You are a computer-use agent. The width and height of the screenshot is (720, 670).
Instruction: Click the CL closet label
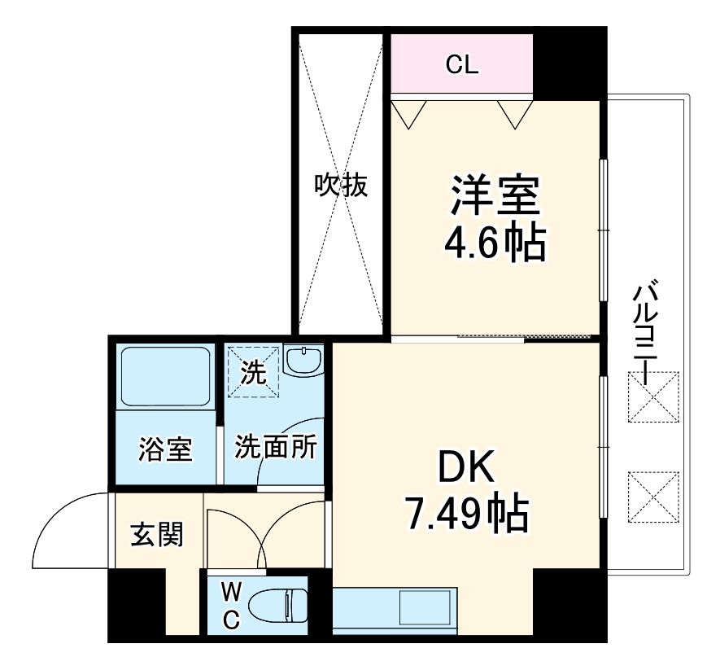(461, 65)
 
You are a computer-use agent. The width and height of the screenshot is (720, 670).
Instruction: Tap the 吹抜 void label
(342, 186)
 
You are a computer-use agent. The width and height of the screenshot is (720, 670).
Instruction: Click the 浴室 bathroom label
(165, 449)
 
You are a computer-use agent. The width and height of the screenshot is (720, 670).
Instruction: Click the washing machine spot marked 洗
(253, 372)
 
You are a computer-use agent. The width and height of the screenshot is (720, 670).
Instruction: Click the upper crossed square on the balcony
(653, 399)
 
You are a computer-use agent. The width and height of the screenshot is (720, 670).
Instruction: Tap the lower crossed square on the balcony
(653, 496)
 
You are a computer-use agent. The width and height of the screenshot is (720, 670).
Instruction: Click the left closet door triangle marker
(408, 112)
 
